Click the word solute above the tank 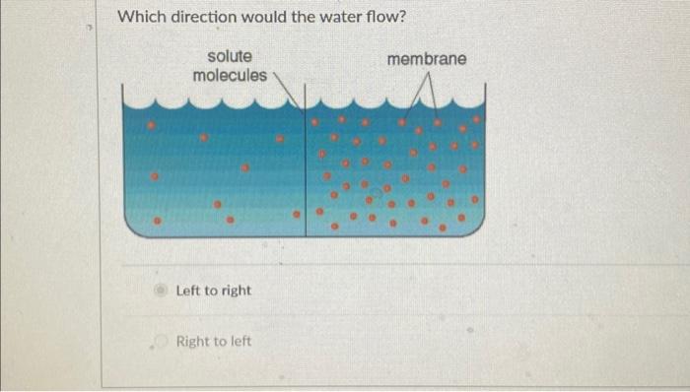[229, 57]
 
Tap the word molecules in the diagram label [229, 75]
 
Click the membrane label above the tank [427, 60]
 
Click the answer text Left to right [213, 291]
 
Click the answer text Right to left [213, 342]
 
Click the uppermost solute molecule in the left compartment [152, 127]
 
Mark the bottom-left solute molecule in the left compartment [155, 221]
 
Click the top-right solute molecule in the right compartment [476, 118]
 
